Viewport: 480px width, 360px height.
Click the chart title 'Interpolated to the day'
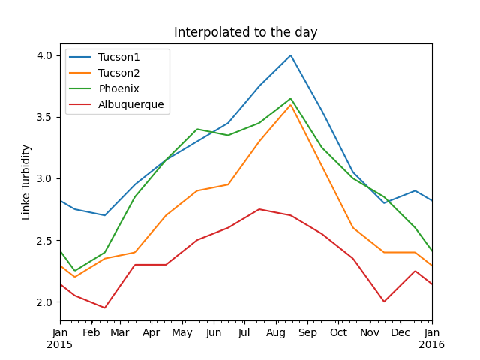coord(246,33)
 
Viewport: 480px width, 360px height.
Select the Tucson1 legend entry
coord(119,58)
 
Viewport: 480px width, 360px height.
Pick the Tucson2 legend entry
coord(119,73)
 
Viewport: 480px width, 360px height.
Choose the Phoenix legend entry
coord(118,88)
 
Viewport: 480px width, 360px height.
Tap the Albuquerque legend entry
coord(130,104)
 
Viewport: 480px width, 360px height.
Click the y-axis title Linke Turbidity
coord(26,182)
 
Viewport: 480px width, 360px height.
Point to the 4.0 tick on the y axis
coord(44,55)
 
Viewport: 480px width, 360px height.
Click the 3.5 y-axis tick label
coord(44,117)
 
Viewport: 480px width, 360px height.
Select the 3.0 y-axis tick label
coord(44,178)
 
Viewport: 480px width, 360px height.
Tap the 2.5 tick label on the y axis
coord(44,241)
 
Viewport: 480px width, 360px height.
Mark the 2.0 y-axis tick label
coord(44,302)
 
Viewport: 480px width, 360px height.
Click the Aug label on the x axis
coord(276,332)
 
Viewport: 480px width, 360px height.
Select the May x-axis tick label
coord(182,332)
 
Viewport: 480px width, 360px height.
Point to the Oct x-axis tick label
coord(338,332)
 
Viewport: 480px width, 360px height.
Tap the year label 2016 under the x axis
coord(432,345)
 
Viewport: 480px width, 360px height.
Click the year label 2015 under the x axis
coord(61,345)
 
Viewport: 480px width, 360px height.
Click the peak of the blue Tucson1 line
coord(291,55)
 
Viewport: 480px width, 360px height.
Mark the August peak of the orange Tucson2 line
coord(291,105)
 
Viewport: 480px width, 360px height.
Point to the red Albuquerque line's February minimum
coord(105,307)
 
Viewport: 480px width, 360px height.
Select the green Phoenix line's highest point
coord(291,99)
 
